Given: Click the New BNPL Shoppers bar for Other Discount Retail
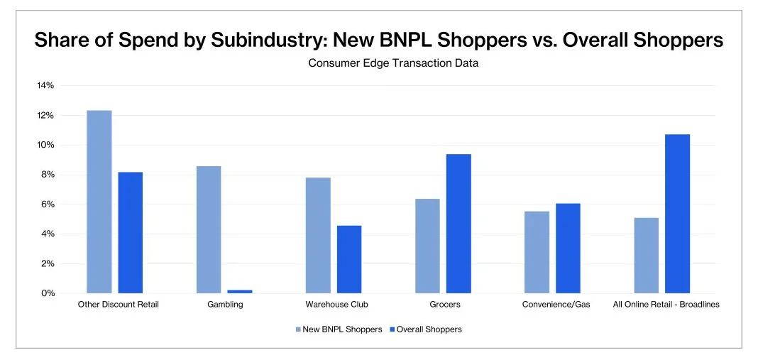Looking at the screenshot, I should coord(99,202).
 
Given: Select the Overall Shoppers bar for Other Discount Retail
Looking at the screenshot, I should coord(130,232).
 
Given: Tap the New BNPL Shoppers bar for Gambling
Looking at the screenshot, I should coord(208,229).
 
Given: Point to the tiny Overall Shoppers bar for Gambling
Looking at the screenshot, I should coord(240,291).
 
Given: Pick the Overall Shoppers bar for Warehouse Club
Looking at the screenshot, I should coord(349,259).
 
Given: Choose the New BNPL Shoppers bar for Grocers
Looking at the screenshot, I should coord(427,246).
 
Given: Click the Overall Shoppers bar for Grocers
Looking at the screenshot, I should coord(458,224).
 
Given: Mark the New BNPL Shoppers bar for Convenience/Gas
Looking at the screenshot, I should coord(537,252).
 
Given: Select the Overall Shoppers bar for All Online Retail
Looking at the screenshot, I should coord(677,214).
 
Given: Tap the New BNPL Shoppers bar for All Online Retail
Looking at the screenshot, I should coord(646,256).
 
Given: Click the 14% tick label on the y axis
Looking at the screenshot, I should coord(45,86).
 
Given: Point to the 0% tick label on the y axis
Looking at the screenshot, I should coord(48,293).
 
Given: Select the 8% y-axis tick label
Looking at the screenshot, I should coord(48,175).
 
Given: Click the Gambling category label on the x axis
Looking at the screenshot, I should coord(224,305).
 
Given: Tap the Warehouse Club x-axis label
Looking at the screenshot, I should coord(336,305).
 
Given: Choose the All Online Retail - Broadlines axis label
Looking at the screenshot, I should coord(666,305).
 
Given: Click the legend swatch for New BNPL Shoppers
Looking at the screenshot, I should coord(298,329).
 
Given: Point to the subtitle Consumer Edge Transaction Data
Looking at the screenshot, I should coord(393,63).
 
